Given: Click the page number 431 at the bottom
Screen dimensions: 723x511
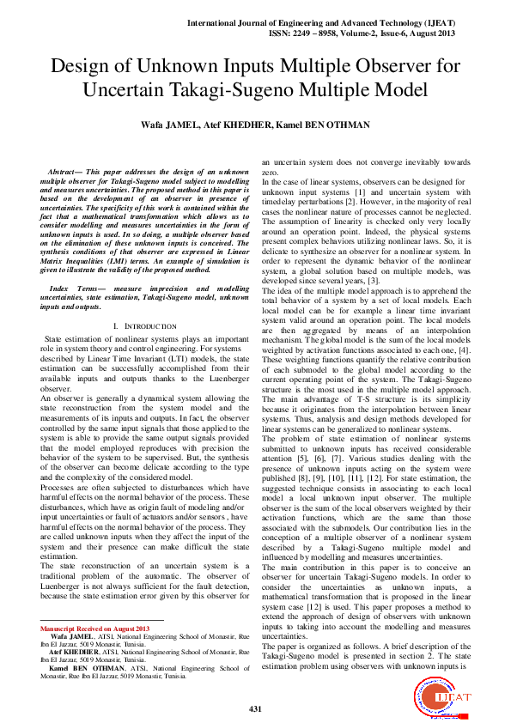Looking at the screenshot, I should (x=255, y=708).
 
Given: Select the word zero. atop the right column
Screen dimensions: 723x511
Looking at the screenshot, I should (x=271, y=173).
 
